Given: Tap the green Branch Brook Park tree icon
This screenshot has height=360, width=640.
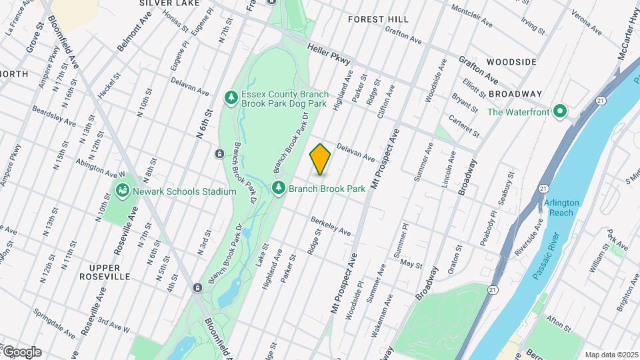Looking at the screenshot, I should [279, 189].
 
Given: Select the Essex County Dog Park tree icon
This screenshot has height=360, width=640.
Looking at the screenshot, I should [231, 98].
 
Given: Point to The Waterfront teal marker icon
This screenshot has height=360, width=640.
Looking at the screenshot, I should [560, 111].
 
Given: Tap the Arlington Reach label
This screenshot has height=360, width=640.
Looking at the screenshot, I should [561, 207].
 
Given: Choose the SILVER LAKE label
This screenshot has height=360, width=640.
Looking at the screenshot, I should [162, 3].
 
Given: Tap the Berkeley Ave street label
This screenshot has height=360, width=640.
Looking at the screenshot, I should [331, 226].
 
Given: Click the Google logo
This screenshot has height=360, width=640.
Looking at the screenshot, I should [21, 351].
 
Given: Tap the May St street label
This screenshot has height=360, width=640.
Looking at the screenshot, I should [412, 264].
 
